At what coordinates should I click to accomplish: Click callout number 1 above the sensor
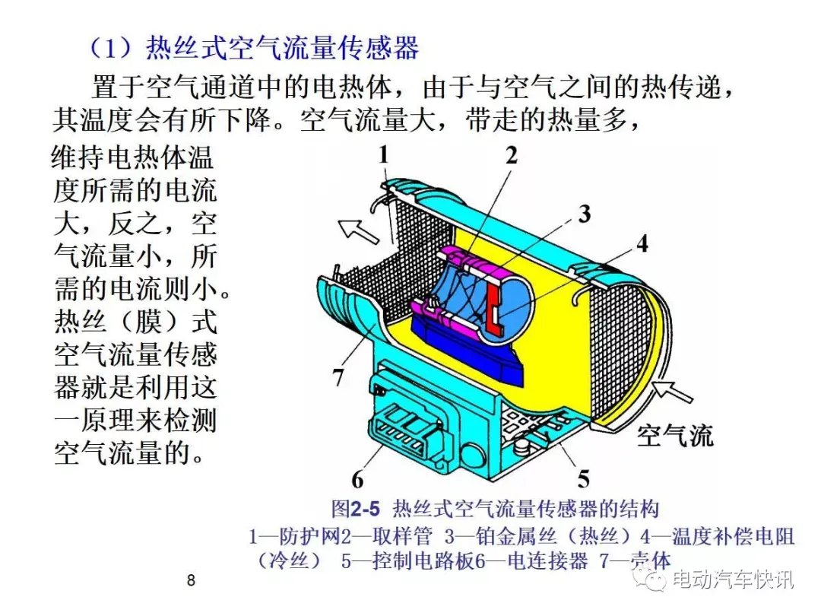(384, 155)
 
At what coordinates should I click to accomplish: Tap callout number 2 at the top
(511, 155)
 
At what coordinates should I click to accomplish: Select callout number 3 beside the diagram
(585, 214)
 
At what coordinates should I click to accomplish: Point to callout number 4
(642, 243)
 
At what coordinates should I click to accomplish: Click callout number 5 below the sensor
(583, 478)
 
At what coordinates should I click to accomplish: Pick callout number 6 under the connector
(357, 478)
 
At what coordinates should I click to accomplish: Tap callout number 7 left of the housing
(338, 376)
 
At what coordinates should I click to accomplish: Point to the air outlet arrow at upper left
(357, 230)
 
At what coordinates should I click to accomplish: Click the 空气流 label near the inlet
(674, 436)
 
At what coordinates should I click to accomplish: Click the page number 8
(191, 580)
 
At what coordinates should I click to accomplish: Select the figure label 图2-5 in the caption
(356, 509)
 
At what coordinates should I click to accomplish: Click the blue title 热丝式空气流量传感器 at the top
(282, 48)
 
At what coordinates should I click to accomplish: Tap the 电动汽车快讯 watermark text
(733, 579)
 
